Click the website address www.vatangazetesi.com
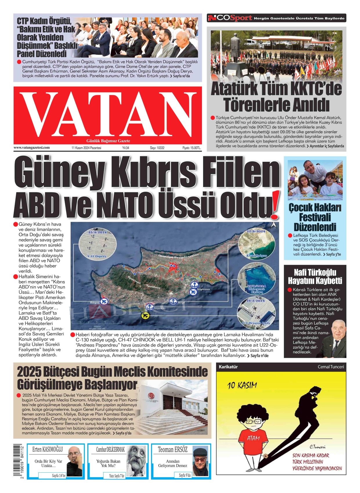(x=32, y=148)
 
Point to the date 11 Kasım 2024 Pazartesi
(x=86, y=148)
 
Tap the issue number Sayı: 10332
(x=157, y=148)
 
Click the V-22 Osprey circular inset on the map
(x=97, y=244)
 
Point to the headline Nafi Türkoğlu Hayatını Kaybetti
(x=315, y=276)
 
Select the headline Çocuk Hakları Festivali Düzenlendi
(x=315, y=217)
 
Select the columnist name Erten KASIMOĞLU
(x=48, y=449)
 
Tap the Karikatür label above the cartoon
(x=228, y=367)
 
